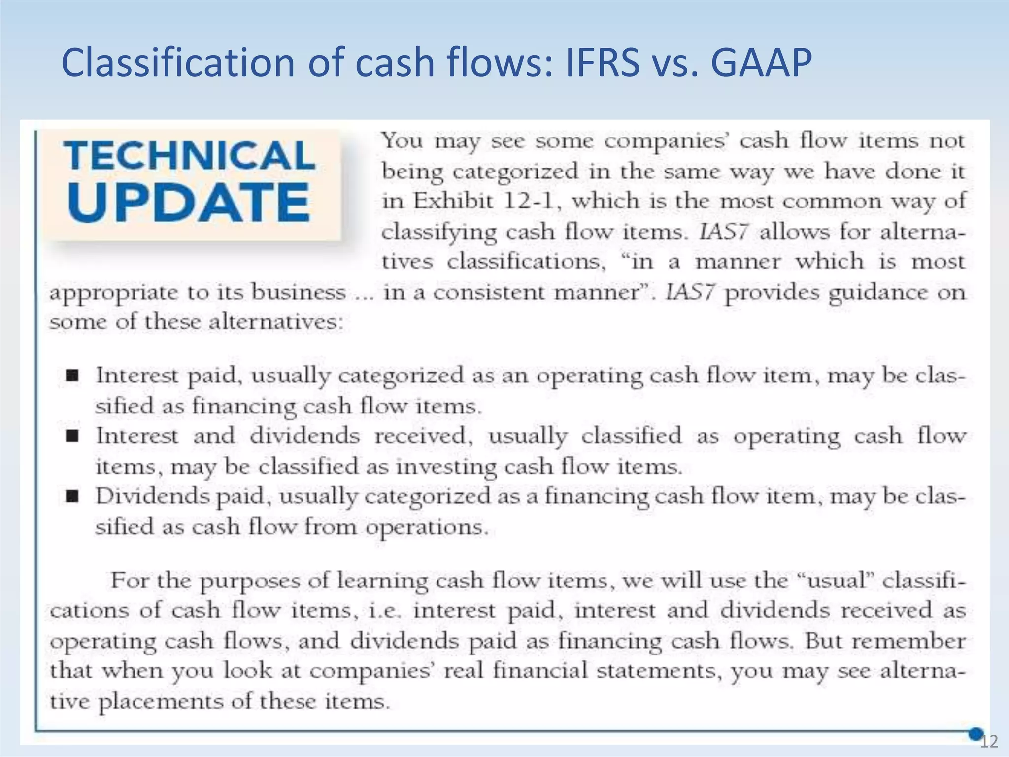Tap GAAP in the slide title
761,63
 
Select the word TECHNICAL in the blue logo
190,155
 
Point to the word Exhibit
453,201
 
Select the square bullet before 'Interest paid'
72,377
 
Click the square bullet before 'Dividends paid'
72,497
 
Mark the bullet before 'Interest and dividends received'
72,436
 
